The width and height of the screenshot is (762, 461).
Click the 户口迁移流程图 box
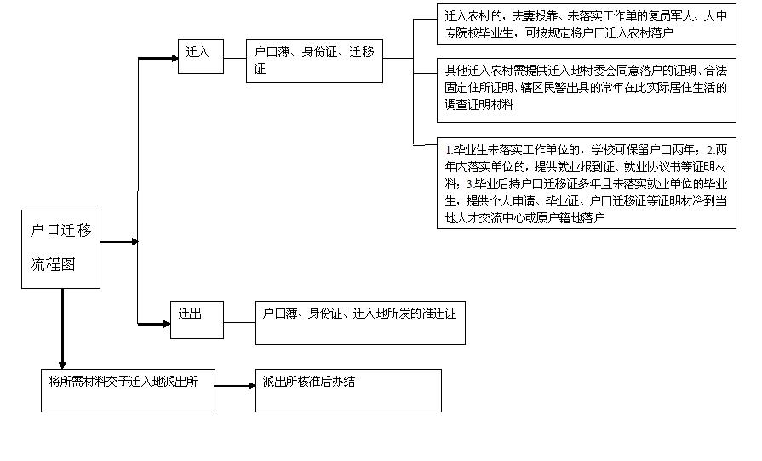click(61, 248)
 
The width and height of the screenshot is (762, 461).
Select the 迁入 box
click(200, 54)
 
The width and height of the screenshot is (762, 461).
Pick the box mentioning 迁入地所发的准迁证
click(360, 323)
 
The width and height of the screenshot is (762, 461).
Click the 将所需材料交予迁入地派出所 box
click(128, 390)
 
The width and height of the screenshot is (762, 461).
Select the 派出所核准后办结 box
click(347, 390)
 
